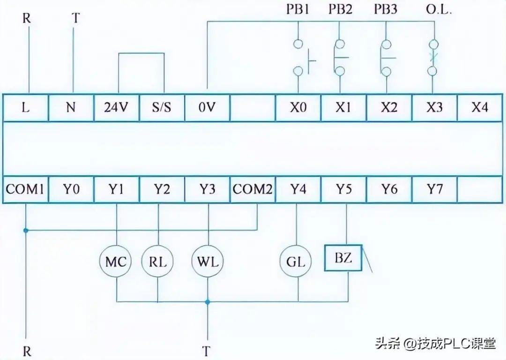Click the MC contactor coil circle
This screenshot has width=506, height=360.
point(116,261)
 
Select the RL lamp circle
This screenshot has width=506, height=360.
point(157,261)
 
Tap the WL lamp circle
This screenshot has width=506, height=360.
point(208,261)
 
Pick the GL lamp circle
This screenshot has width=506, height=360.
point(296,261)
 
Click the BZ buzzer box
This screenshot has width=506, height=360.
point(343,258)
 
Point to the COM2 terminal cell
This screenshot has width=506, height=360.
point(253,190)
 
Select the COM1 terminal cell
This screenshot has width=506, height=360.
point(25,190)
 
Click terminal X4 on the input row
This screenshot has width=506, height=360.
point(479,108)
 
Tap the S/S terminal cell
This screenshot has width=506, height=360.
point(162,108)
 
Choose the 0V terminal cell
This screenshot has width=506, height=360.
point(207,108)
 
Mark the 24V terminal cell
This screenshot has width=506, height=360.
point(116,108)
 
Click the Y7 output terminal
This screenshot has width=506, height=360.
point(434,190)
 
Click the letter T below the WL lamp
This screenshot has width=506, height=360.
point(207,351)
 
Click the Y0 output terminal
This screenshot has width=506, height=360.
point(71,190)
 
